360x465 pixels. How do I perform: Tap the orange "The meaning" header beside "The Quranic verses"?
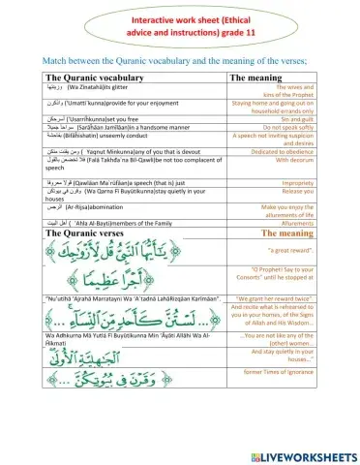pos(303,233)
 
